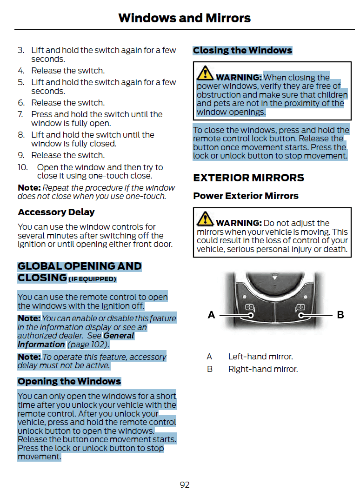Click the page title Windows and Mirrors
pos(184,18)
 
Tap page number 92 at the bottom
pos(185,485)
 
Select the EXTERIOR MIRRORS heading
pos(248,178)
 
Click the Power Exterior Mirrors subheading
pos(246,196)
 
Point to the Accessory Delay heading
pos(56,212)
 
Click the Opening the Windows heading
pos(69,382)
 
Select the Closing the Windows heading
pos(242,50)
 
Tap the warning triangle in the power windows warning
pos(205,74)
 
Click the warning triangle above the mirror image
pos(205,219)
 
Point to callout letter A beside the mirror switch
pos(211,315)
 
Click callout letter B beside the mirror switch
pos(340,315)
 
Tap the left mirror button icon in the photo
pos(249,307)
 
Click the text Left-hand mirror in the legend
pos(260,357)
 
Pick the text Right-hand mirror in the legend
pos(263,370)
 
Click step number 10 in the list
pos(23,167)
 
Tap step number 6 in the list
pos(21,103)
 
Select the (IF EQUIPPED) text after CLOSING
pos(93,279)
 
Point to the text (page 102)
pos(87,345)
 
